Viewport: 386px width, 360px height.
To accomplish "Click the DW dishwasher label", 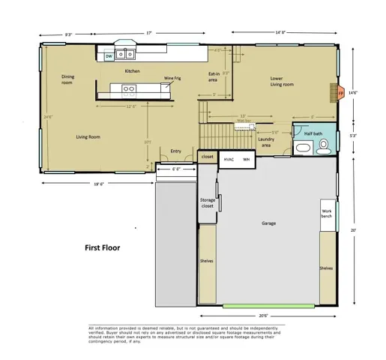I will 109,56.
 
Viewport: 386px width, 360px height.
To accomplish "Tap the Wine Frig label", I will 174,77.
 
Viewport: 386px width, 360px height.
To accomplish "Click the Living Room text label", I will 88,137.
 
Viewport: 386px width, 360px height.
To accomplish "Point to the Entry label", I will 176,151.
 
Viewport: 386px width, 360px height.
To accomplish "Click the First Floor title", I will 103,247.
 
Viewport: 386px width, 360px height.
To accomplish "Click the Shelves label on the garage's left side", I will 207,261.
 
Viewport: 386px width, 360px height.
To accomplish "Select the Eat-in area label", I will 214,76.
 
